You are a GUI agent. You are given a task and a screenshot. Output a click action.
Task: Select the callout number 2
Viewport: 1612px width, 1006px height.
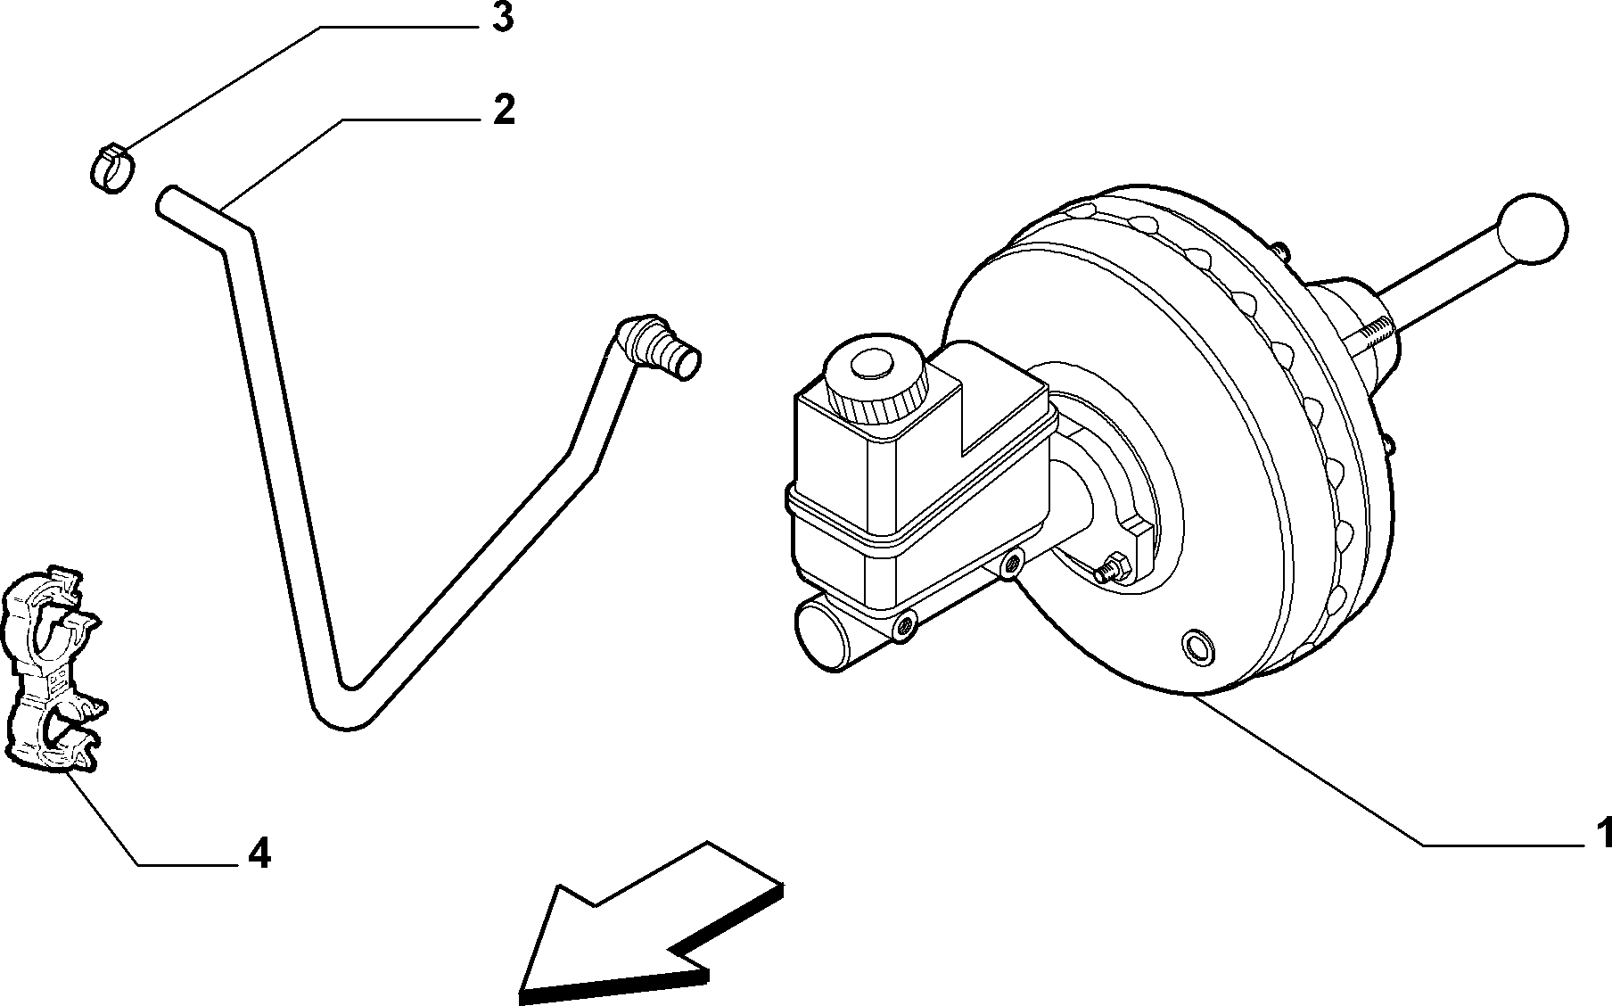[x=504, y=110]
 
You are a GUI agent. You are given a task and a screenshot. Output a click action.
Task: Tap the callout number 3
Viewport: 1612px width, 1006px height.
[x=504, y=19]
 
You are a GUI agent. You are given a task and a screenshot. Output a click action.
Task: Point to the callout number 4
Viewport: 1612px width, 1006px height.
[x=258, y=854]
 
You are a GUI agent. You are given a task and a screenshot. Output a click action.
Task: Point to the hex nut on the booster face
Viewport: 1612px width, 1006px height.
[x=1111, y=566]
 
